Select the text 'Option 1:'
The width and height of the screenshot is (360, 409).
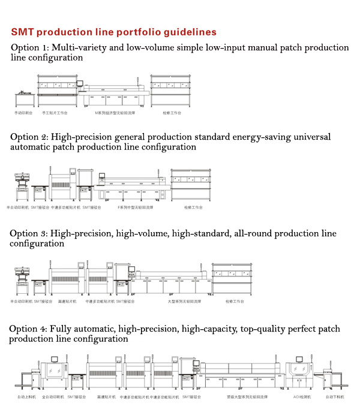29,47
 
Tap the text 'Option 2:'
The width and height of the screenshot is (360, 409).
29,137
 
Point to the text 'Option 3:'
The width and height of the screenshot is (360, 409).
29,233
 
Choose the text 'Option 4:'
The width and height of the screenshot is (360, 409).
29,329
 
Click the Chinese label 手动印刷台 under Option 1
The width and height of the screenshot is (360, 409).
24,113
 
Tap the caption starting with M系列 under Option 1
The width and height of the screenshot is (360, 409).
114,113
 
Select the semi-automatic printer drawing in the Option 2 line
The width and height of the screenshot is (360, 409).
22,186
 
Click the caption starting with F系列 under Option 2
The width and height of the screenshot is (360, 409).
135,207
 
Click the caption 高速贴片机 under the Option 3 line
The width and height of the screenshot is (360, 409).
67,302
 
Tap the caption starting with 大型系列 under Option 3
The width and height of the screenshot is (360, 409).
183,302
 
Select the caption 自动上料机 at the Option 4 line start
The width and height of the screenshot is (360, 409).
27,397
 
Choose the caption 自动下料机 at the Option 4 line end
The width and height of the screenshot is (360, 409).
337,397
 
